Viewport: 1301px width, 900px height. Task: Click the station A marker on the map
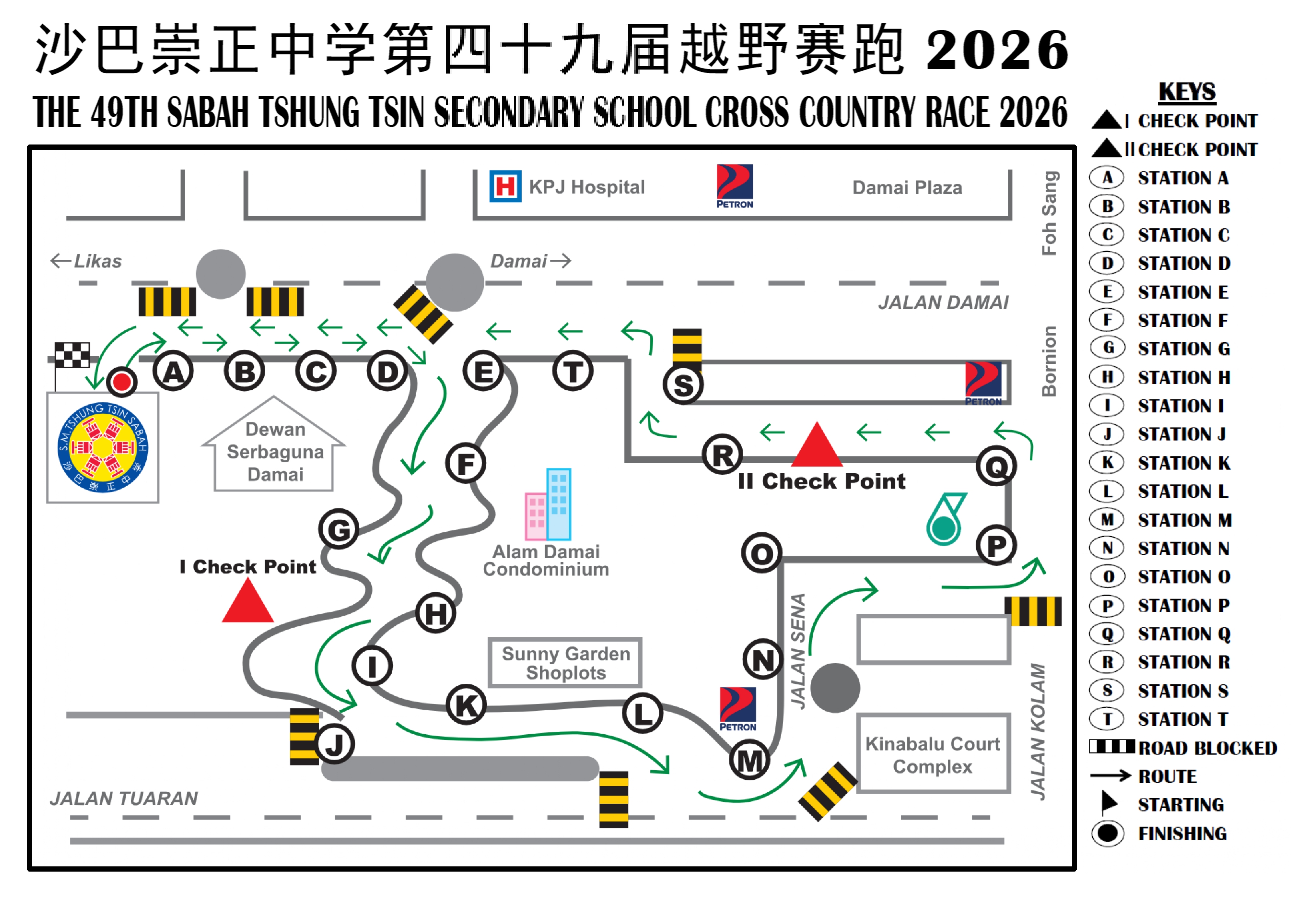click(x=173, y=372)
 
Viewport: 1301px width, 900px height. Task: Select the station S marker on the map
click(x=683, y=385)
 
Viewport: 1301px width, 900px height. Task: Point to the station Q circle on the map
click(x=996, y=466)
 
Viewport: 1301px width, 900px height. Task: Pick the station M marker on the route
click(x=749, y=761)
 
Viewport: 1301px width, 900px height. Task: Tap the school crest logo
click(x=103, y=447)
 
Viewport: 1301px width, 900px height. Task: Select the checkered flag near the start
click(x=72, y=355)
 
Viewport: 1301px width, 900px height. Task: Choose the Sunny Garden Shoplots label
click(x=565, y=663)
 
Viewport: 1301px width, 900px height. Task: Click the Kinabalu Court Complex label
click(x=933, y=755)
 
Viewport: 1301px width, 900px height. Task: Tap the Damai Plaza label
click(x=907, y=188)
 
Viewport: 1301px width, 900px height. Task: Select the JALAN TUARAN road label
click(x=124, y=798)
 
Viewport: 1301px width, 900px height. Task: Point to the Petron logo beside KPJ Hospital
click(x=735, y=186)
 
